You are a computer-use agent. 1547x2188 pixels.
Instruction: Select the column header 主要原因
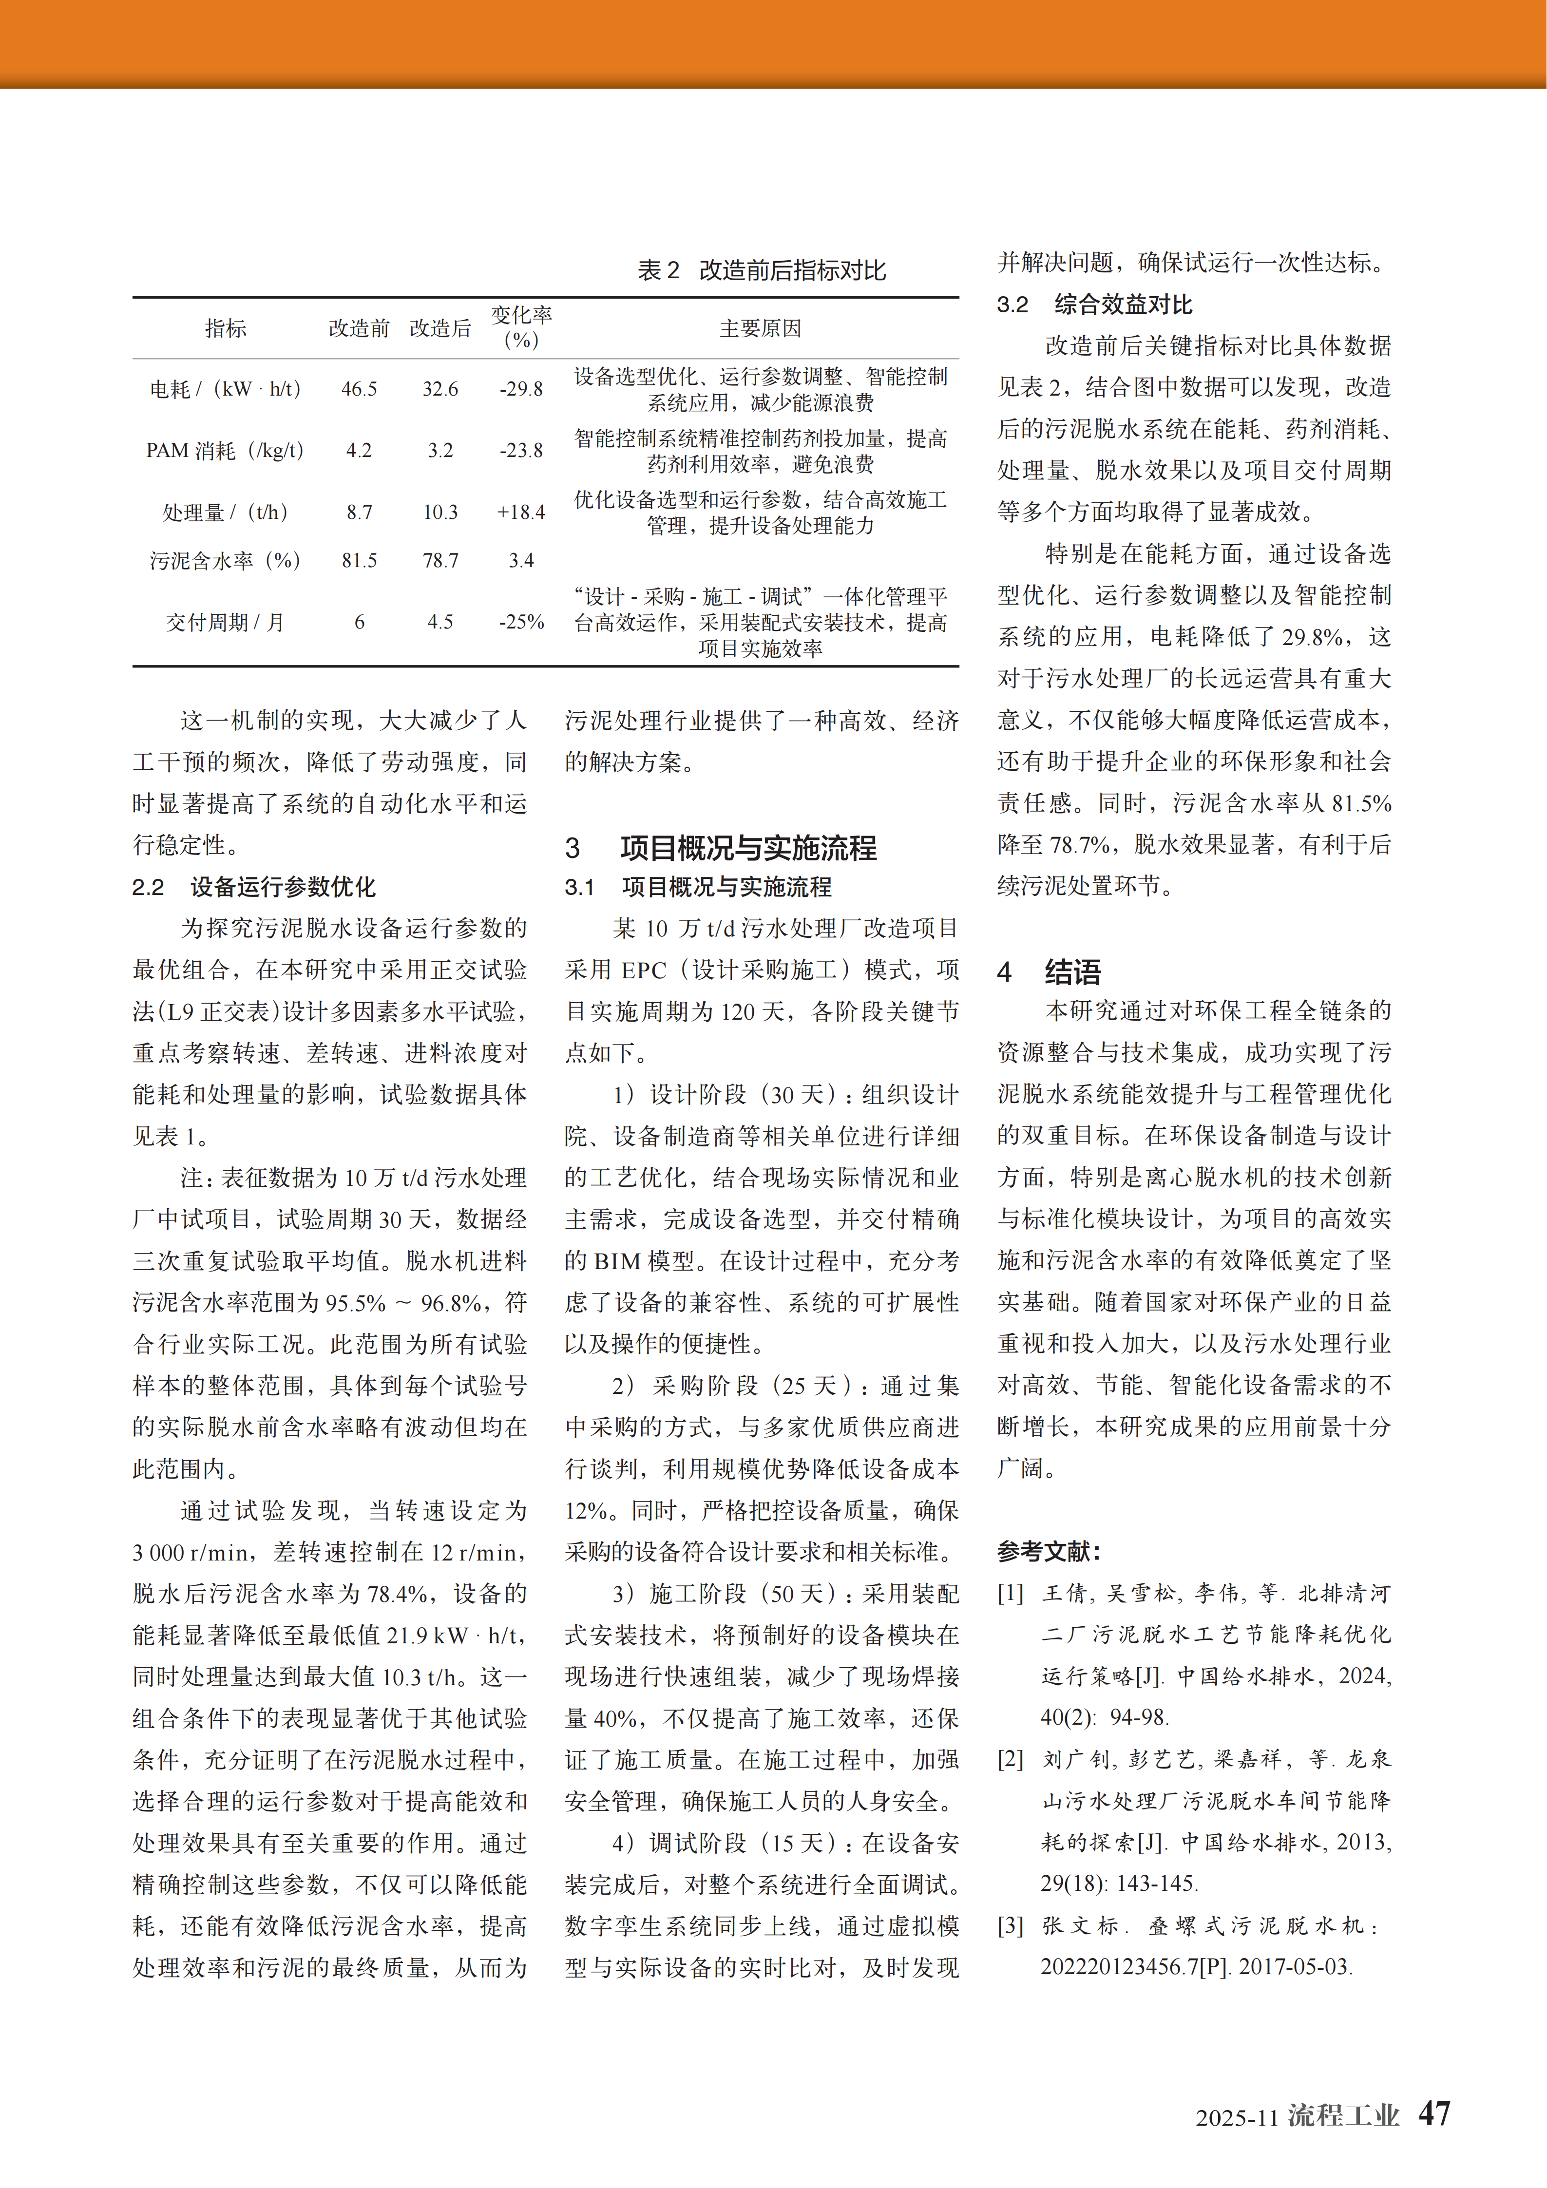click(x=760, y=329)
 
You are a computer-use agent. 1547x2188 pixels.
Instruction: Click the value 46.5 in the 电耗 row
click(x=360, y=389)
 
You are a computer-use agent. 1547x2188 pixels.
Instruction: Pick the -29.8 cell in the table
click(x=521, y=389)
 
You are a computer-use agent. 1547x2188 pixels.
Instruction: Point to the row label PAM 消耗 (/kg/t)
click(x=225, y=451)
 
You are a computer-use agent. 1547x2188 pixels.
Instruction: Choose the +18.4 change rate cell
click(x=521, y=512)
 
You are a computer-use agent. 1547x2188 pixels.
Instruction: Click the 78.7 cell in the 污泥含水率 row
click(x=440, y=560)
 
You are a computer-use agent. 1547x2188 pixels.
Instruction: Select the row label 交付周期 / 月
click(x=225, y=622)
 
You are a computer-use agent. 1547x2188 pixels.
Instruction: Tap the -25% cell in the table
click(x=521, y=622)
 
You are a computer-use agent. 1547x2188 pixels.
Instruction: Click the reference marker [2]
click(x=1011, y=1759)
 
